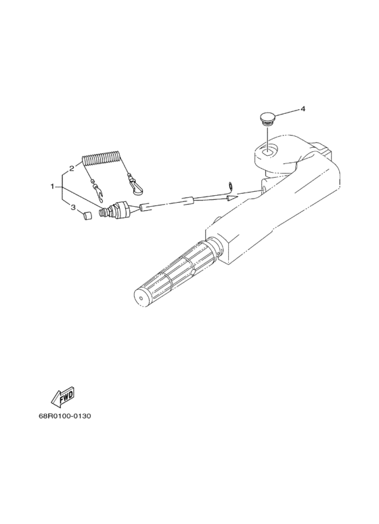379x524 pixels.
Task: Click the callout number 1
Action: (x=52, y=186)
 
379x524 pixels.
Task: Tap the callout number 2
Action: (x=71, y=168)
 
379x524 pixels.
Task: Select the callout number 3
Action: (x=73, y=207)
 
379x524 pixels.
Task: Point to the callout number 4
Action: (x=303, y=108)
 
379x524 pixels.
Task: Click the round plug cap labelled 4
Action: (x=267, y=119)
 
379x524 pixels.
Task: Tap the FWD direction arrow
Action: (x=62, y=398)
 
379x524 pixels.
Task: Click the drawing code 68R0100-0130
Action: (x=65, y=416)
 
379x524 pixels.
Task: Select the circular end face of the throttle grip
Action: (x=141, y=297)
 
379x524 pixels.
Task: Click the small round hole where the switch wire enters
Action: (x=263, y=190)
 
